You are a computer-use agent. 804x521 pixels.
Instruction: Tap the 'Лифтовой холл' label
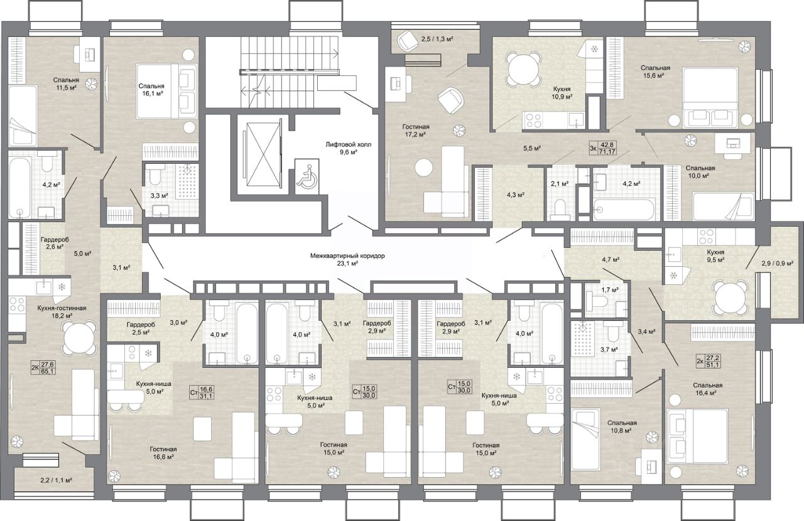click(348, 144)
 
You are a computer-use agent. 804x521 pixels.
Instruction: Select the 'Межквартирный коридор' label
click(347, 256)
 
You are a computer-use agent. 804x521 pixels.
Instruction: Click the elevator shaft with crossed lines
click(263, 154)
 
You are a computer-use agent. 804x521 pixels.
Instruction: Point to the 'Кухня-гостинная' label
click(62, 308)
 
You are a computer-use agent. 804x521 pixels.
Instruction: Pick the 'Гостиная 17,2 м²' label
click(416, 131)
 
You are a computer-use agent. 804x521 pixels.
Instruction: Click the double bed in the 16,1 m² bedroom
click(166, 91)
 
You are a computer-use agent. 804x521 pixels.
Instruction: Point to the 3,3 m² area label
click(159, 196)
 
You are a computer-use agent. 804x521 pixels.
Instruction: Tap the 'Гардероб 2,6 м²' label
click(54, 243)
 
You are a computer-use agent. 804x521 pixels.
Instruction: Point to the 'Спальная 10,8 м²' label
click(622, 427)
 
